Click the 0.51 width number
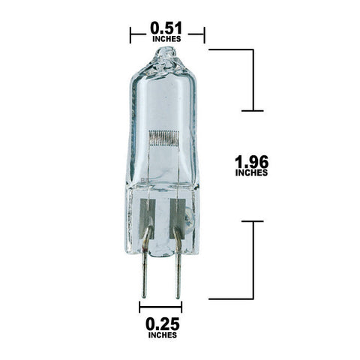pyautogui.click(x=166, y=28)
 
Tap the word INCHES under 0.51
pyautogui.click(x=166, y=39)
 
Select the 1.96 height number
pyautogui.click(x=251, y=162)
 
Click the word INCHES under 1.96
pyautogui.click(x=251, y=172)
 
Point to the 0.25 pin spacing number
pyautogui.click(x=163, y=324)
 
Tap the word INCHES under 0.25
pyautogui.click(x=163, y=335)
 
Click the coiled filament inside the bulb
pyautogui.click(x=163, y=138)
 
